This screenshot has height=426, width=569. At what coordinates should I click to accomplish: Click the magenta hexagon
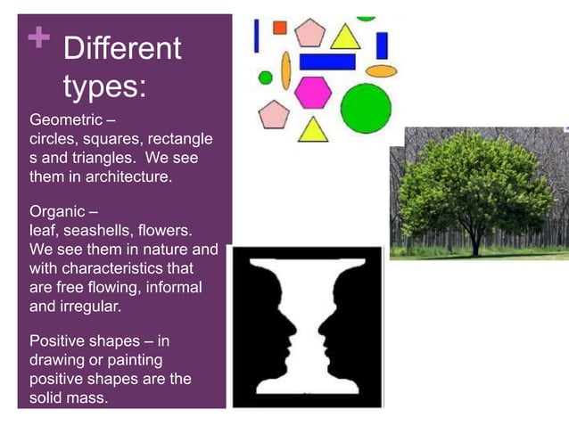tap(313, 92)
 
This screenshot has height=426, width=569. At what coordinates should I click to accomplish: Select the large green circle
tap(366, 108)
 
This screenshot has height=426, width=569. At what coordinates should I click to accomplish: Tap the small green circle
tap(265, 78)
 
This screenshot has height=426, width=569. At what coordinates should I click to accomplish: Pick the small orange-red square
tap(279, 28)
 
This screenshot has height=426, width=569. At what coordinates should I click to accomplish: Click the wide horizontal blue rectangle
tap(327, 61)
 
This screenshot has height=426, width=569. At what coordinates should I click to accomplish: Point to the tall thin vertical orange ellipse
tap(285, 70)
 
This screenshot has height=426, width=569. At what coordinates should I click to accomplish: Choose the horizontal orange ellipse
tap(381, 70)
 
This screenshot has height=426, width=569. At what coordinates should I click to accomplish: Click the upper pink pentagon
tap(310, 34)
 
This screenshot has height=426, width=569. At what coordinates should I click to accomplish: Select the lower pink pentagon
tap(274, 115)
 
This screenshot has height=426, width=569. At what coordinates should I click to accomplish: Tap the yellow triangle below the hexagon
tap(313, 131)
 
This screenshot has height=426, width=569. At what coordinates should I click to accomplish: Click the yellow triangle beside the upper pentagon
tap(345, 37)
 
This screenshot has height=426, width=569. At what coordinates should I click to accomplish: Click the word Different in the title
tap(122, 48)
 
